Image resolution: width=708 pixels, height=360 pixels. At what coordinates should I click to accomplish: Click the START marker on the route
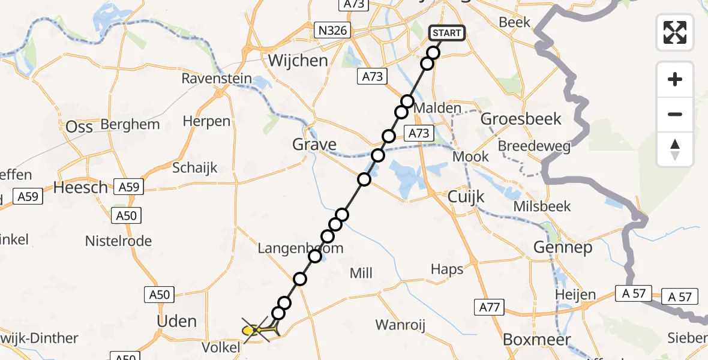446,33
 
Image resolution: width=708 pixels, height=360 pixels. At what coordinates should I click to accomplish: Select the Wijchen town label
298,61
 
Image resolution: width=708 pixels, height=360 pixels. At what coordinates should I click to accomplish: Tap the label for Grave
314,144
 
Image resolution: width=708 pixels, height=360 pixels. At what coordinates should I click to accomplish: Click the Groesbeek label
521,119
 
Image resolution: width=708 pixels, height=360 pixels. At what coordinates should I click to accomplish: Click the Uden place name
176,321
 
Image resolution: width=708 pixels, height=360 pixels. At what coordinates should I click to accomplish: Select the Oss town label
79,127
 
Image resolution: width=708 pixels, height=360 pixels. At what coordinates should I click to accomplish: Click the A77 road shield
488,307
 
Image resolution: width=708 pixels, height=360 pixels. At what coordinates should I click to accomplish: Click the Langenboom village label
301,248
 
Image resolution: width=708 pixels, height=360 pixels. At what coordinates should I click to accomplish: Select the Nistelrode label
118,241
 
